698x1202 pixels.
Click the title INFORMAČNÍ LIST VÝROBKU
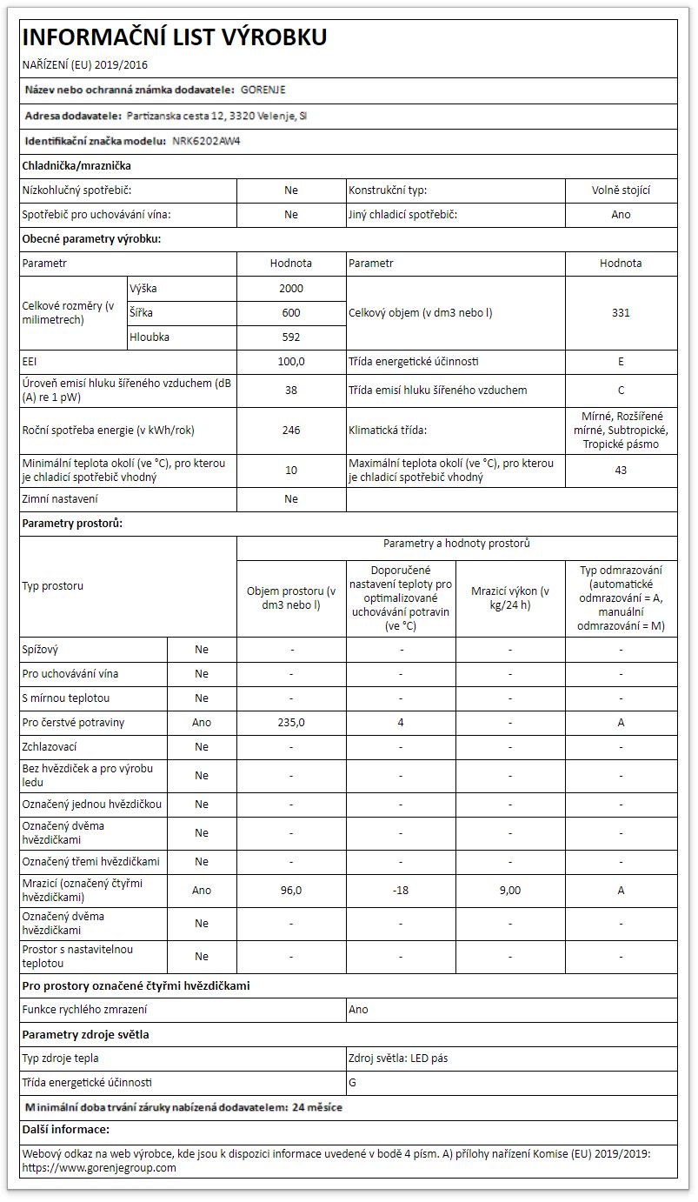(x=174, y=37)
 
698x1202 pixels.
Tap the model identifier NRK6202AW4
(x=206, y=140)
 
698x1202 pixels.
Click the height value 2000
(x=291, y=288)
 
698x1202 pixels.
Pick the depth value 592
(x=291, y=337)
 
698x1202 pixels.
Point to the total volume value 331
(x=621, y=312)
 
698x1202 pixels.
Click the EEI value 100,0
(x=291, y=361)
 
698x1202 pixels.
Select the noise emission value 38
(x=291, y=390)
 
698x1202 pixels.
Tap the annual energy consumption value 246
(x=291, y=430)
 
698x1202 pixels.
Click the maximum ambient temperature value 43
(x=621, y=470)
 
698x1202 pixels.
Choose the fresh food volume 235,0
(x=291, y=722)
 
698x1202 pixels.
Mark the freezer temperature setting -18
(x=401, y=890)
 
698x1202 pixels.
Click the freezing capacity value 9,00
(x=510, y=890)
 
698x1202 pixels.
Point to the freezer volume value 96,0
(x=291, y=890)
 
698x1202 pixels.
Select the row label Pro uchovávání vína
(x=70, y=673)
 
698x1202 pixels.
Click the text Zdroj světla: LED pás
(x=398, y=1058)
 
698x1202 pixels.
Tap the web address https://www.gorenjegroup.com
(x=99, y=1167)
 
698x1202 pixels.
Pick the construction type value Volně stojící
(x=621, y=190)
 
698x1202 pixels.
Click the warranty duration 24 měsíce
(x=317, y=1107)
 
